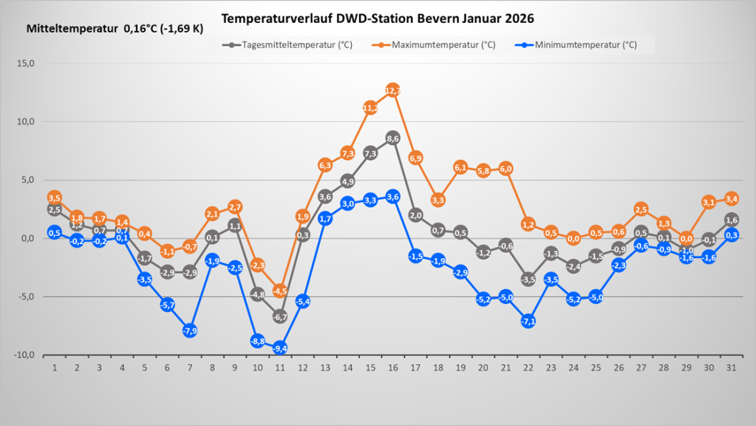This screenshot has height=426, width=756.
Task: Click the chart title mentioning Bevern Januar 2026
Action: pos(378,18)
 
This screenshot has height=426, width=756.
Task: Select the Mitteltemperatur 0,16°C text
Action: pos(115,30)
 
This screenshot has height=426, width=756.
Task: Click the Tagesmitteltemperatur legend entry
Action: pos(288,44)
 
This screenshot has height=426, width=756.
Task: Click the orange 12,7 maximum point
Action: pos(393,90)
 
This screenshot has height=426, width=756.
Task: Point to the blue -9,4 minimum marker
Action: pos(280,348)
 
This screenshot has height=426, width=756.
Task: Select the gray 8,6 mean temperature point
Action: pos(393,138)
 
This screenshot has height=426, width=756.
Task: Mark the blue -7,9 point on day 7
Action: pos(190,331)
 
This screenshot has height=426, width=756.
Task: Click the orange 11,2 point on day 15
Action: pos(370,108)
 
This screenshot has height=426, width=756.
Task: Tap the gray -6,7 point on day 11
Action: pos(280,317)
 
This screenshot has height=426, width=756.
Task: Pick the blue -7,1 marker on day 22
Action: pos(528,321)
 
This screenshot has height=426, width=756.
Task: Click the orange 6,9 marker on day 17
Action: pos(415,158)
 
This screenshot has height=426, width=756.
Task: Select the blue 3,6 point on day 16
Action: pos(393,197)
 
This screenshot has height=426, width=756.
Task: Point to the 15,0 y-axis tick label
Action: pos(26,64)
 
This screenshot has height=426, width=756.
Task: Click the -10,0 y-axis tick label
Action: pos(24,355)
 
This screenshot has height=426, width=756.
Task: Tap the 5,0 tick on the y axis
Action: pos(27,180)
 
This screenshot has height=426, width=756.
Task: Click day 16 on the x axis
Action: pos(393,368)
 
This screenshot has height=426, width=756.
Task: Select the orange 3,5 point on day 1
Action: pos(55,197)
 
